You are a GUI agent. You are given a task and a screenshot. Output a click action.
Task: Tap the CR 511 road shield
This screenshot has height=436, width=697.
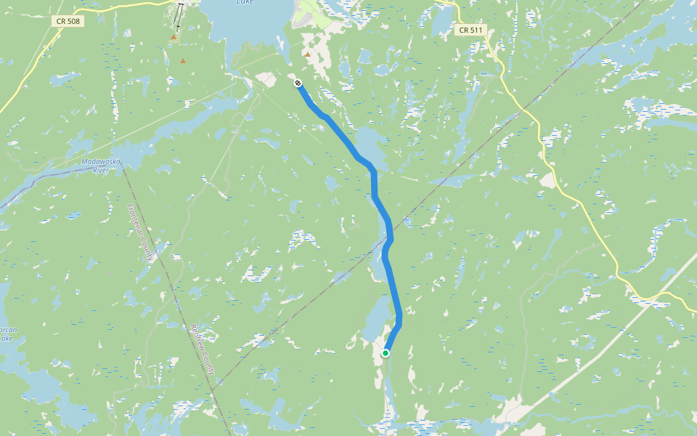(472, 31)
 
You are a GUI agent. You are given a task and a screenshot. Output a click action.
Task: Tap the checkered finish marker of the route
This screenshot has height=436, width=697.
(298, 84)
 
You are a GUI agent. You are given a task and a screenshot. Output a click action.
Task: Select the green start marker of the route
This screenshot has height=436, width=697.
(386, 353)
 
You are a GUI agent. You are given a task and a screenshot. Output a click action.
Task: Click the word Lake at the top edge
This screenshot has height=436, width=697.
(245, 2)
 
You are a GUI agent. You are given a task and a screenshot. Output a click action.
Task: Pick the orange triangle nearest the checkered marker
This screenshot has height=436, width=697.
(308, 54)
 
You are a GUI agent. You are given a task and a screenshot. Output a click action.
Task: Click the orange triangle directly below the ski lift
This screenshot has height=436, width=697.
(174, 36)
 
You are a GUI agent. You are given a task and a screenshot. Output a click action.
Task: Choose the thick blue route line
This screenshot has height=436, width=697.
(374, 189)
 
